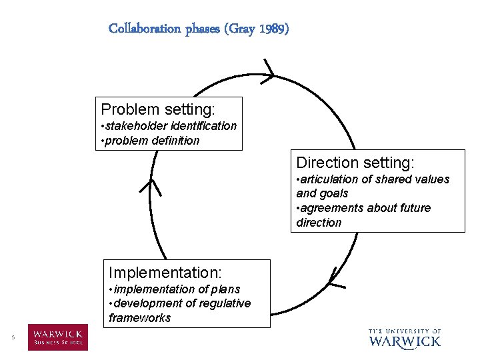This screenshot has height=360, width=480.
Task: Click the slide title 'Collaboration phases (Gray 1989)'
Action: pyautogui.click(x=199, y=29)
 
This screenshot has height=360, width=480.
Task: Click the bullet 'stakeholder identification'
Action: pyautogui.click(x=169, y=126)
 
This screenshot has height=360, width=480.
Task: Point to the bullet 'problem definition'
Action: pyautogui.click(x=150, y=141)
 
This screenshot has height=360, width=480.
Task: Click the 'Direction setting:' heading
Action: pyautogui.click(x=355, y=163)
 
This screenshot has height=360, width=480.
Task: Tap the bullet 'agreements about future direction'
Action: pyautogui.click(x=363, y=215)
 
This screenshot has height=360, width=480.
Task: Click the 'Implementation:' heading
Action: pyautogui.click(x=165, y=272)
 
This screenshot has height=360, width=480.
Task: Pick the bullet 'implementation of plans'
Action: pyautogui.click(x=175, y=289)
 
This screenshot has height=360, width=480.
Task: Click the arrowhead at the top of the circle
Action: pyautogui.click(x=269, y=71)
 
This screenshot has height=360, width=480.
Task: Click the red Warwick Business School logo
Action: pyautogui.click(x=57, y=337)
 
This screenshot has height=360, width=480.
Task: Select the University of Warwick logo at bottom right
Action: pyautogui.click(x=404, y=337)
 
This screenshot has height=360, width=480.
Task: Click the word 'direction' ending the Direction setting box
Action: pyautogui.click(x=319, y=223)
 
